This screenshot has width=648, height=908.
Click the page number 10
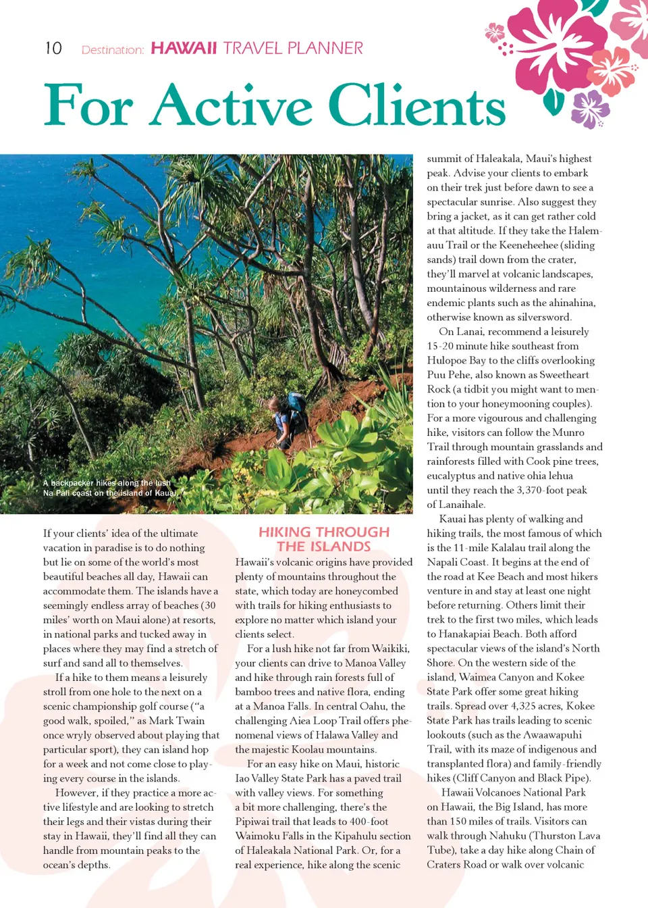tap(53, 49)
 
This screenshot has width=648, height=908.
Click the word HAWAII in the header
tap(184, 49)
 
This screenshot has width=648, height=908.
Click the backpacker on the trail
tap(292, 420)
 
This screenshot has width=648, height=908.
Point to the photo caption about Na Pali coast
tap(109, 488)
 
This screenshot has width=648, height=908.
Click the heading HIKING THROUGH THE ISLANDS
tap(324, 539)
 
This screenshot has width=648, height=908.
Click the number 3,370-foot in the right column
tap(551, 490)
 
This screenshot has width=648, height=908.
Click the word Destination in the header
tap(112, 50)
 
